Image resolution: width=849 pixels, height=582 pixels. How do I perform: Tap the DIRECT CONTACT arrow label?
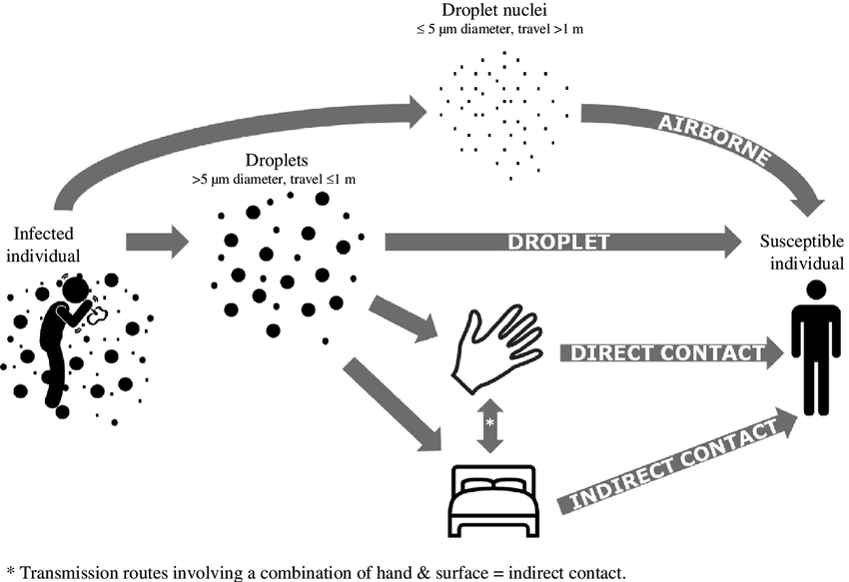[663, 352]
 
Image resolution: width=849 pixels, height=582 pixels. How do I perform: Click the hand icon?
[494, 347]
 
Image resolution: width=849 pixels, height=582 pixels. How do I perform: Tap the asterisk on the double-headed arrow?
[489, 423]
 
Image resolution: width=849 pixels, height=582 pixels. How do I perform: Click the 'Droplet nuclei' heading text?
[499, 11]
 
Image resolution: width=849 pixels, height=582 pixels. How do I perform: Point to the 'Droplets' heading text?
[272, 161]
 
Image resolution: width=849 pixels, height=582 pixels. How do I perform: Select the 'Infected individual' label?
[44, 243]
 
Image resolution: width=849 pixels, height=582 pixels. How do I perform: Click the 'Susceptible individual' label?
[801, 251]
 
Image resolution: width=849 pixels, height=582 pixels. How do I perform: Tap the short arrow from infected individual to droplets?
[158, 241]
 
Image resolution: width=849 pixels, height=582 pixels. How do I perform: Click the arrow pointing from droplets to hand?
[405, 316]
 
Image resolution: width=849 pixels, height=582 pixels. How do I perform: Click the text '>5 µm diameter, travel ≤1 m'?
[273, 180]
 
